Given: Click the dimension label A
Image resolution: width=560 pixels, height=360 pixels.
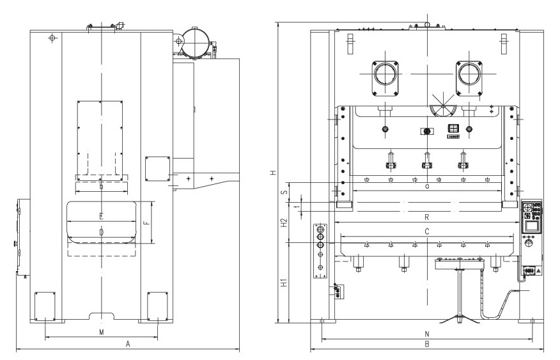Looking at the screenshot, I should point(128,344).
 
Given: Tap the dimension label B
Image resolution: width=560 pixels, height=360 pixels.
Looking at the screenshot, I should point(426,344).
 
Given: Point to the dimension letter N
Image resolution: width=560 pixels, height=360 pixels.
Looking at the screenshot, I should point(426,333).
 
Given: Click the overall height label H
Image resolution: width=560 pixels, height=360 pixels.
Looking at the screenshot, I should point(272,173).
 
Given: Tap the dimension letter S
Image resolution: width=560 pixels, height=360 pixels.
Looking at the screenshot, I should point(284,190).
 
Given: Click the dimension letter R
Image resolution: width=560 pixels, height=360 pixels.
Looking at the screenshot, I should point(426,217).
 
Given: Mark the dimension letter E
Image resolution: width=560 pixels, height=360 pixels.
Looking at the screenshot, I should point(101,215).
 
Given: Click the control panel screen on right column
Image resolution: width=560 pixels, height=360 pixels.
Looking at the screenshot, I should point(531,224).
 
